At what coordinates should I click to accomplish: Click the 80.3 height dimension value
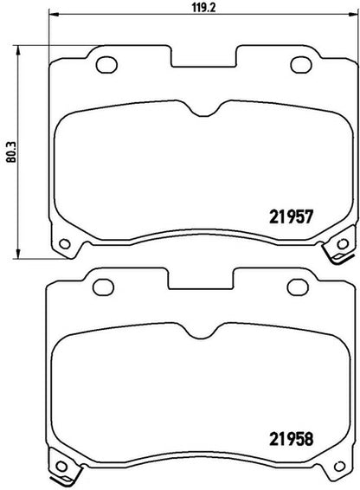pyautogui.click(x=11, y=152)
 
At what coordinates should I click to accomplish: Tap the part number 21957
pyautogui.click(x=291, y=217)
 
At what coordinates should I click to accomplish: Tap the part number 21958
pyautogui.click(x=291, y=439)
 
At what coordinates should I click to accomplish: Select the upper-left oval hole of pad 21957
pyautogui.click(x=106, y=65)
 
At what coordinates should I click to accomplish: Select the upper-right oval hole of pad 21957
pyautogui.click(x=301, y=65)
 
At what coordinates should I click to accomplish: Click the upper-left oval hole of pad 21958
pyautogui.click(x=104, y=287)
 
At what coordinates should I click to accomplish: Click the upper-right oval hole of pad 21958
pyautogui.click(x=298, y=287)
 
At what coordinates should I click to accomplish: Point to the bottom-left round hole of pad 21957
pyautogui.click(x=65, y=243)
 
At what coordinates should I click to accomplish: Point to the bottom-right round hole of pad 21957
pyautogui.click(x=343, y=243)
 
